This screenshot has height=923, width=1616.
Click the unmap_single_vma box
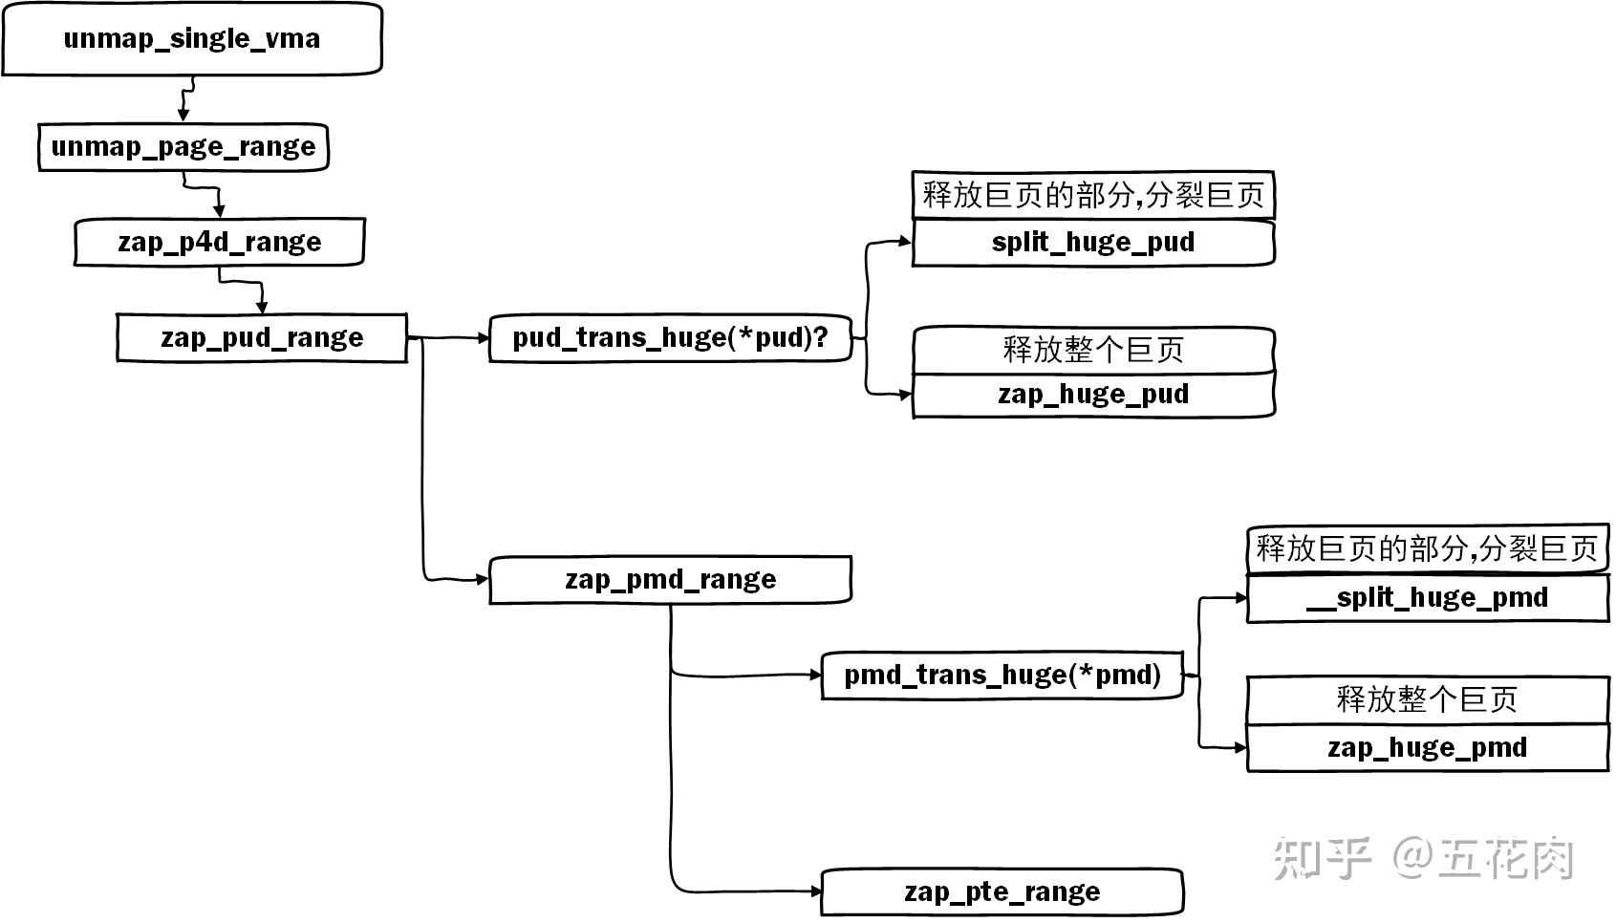[x=191, y=38]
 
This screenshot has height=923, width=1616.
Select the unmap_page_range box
[x=183, y=147]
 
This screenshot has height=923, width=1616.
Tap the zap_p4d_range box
[x=219, y=242]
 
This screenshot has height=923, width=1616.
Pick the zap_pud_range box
[x=261, y=337]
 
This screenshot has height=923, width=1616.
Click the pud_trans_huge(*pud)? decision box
[x=669, y=337]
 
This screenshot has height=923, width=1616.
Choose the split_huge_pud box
[x=1092, y=242]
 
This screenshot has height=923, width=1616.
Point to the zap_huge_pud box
[x=1092, y=395]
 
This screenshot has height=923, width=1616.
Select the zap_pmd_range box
[x=669, y=580]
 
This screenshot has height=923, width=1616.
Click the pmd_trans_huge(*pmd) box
[x=1002, y=676]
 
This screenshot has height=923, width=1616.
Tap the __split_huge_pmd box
[x=1427, y=598]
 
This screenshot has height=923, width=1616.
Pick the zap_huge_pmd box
[x=1427, y=747]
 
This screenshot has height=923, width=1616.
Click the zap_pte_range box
[x=1002, y=892]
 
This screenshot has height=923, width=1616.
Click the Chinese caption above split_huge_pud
[x=1092, y=195]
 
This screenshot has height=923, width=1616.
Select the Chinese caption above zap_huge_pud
[x=1092, y=350]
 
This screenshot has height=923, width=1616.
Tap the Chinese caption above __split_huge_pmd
[x=1427, y=548]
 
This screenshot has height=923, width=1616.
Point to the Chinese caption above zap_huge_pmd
[x=1427, y=699]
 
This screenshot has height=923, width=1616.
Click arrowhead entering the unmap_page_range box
[x=183, y=115]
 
